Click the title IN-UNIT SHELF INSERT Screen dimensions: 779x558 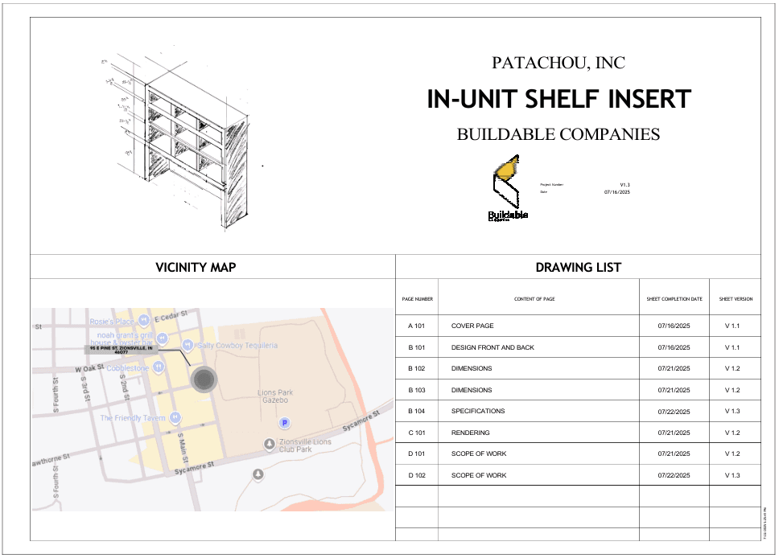click(x=558, y=99)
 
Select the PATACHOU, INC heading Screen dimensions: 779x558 click(x=558, y=63)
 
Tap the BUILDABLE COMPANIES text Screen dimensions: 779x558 click(x=558, y=134)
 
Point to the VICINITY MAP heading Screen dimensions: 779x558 click(x=196, y=267)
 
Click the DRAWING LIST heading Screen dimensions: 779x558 click(x=578, y=267)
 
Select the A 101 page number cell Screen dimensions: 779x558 click(x=416, y=326)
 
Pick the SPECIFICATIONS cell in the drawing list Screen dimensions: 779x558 click(x=478, y=411)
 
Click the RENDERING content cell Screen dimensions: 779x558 click(x=471, y=433)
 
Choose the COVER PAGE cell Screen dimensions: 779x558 click(x=472, y=326)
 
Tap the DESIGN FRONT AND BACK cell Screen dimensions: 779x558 click(x=493, y=347)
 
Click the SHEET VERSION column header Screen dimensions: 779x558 click(x=736, y=299)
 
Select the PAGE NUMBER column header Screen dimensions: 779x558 click(x=418, y=299)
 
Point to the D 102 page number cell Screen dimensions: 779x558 click(x=416, y=475)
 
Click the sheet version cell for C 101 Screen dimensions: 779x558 click(x=732, y=433)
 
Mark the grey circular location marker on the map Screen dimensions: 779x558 click(x=204, y=380)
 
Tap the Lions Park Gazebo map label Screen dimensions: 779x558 click(x=275, y=396)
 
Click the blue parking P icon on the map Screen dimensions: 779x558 click(x=283, y=423)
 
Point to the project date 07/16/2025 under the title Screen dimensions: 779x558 click(x=617, y=192)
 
